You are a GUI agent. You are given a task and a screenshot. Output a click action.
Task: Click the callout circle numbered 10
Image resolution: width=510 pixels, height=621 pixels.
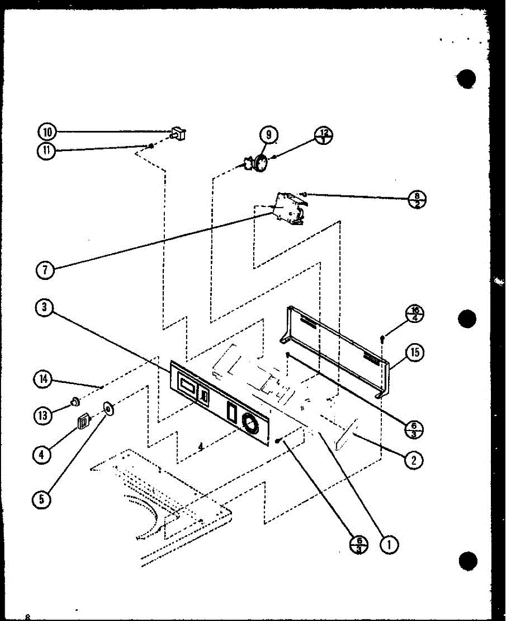click(x=47, y=132)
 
